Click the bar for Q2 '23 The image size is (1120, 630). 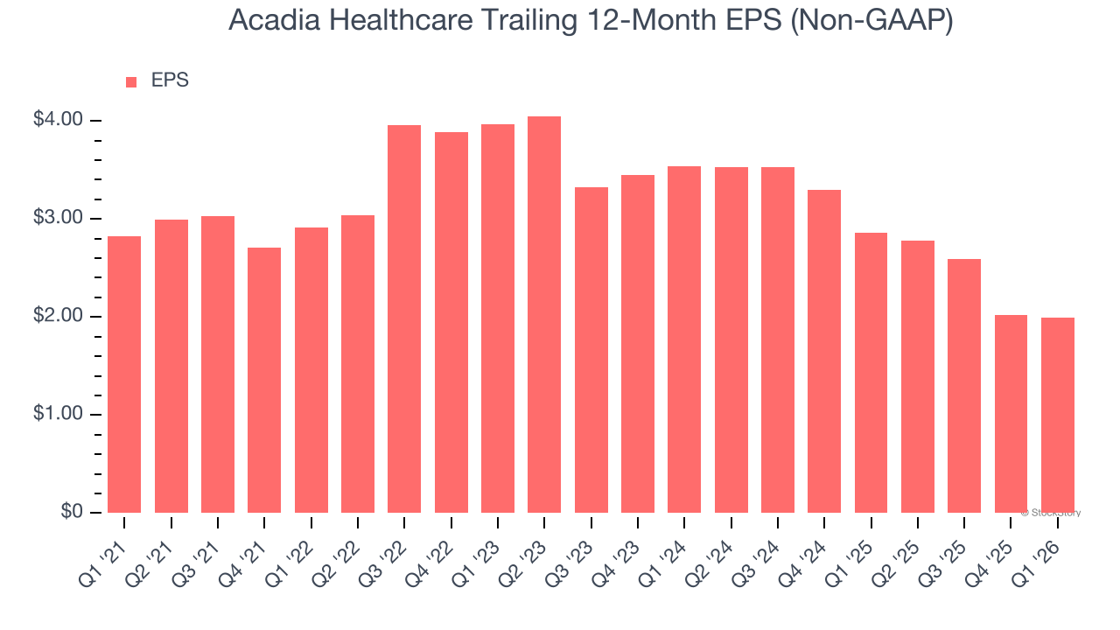coord(544,315)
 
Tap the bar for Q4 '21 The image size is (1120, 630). coord(264,381)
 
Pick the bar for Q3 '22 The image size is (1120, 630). coord(404,319)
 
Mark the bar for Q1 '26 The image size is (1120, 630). coord(1057,416)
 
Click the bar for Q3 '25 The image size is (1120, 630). coord(964,386)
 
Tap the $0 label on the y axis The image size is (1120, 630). coord(71,512)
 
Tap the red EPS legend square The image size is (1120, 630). coord(131,82)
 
